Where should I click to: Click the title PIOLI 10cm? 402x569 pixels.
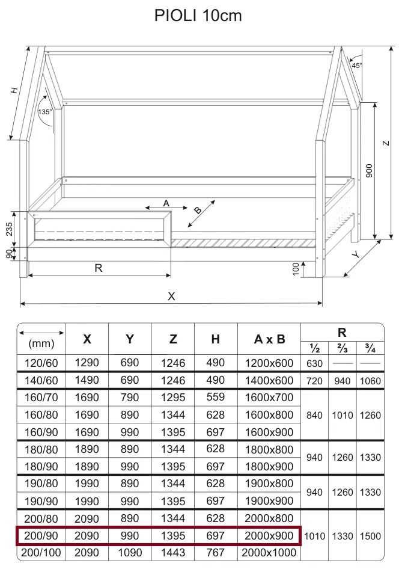(x=198, y=16)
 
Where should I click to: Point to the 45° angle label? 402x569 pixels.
(x=357, y=66)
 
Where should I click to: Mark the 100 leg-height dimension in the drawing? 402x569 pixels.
(x=296, y=269)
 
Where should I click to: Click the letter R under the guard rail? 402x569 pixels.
(x=99, y=268)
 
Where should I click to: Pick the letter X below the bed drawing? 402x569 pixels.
(x=172, y=296)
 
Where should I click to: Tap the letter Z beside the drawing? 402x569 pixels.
(x=387, y=143)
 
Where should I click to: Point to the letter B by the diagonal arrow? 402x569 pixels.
(x=198, y=211)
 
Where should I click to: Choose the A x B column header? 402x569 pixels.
(x=269, y=339)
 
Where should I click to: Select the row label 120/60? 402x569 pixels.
(x=41, y=363)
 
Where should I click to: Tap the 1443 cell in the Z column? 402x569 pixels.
(x=173, y=553)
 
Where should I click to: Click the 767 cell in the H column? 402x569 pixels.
(x=215, y=553)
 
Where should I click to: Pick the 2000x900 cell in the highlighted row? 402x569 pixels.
(x=269, y=535)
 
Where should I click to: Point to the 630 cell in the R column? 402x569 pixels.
(x=314, y=363)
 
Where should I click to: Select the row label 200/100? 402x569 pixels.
(x=41, y=553)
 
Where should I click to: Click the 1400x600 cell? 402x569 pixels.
(x=269, y=380)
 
